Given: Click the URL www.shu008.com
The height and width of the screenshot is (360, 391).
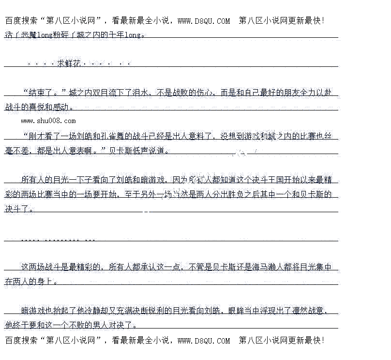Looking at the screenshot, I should (x=48, y=121).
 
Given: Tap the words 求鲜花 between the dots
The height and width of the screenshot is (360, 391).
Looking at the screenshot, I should (x=68, y=63).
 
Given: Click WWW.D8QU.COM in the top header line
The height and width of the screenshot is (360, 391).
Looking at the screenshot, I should (x=204, y=21).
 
